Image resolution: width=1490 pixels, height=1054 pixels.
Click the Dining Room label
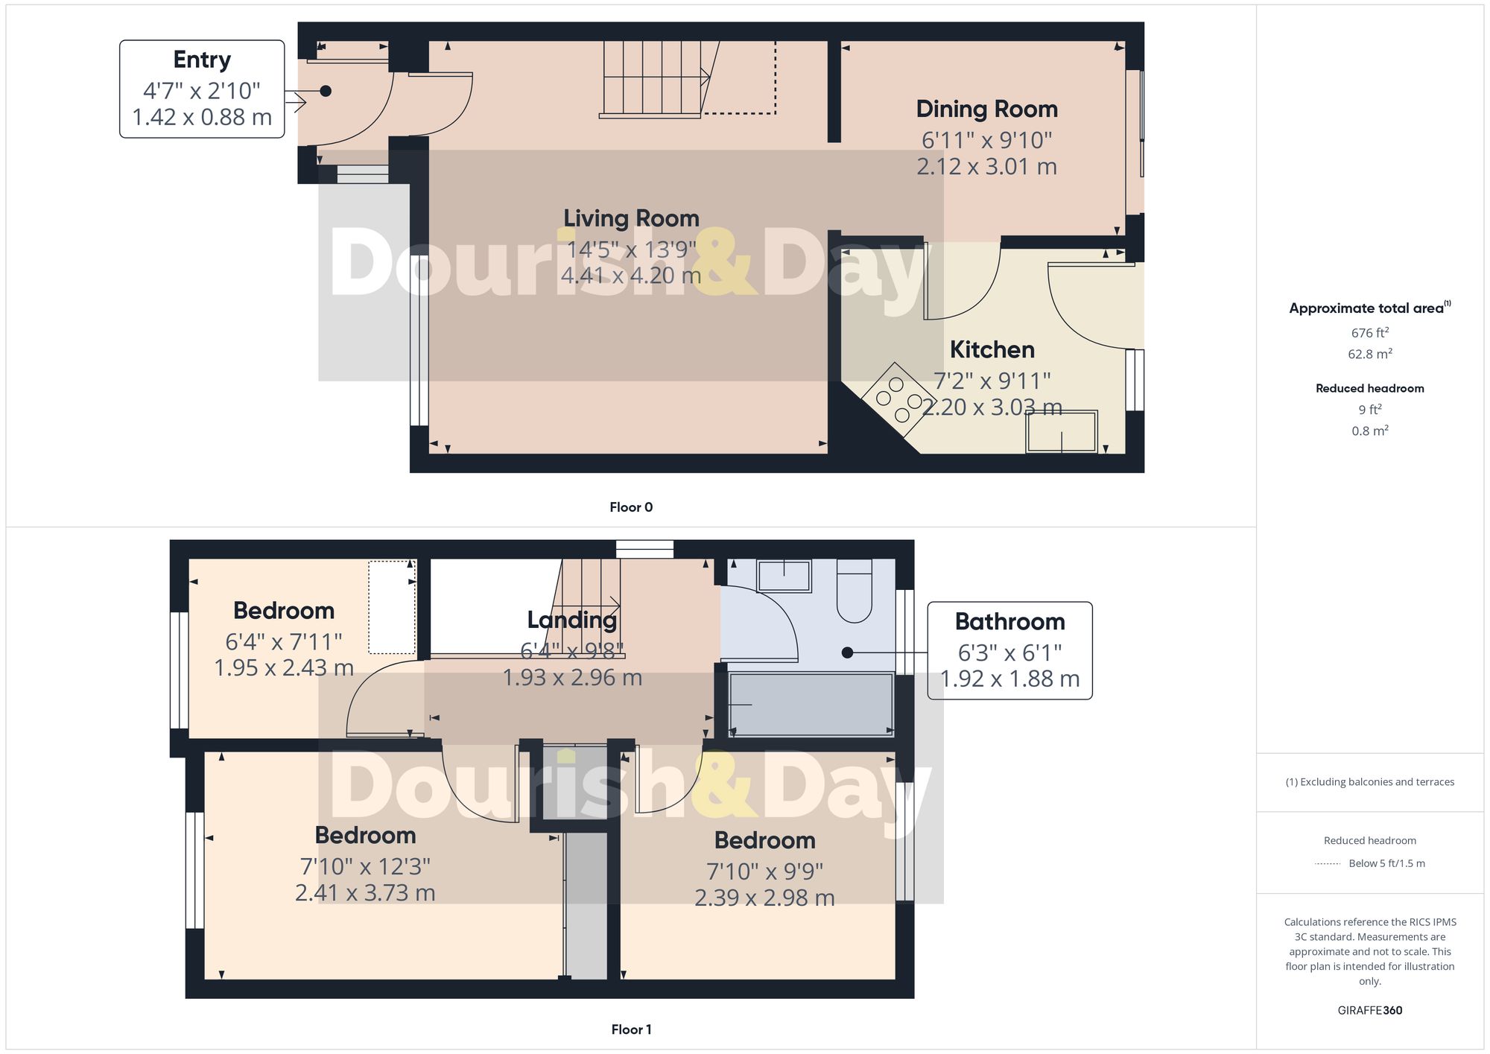pyautogui.click(x=986, y=109)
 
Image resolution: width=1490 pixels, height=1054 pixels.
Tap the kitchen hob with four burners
pyautogui.click(x=899, y=399)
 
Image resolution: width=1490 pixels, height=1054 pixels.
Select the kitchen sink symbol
pyautogui.click(x=1061, y=432)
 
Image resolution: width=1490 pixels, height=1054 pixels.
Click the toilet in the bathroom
pyautogui.click(x=855, y=592)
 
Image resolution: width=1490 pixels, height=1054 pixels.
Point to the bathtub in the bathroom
pyautogui.click(x=811, y=704)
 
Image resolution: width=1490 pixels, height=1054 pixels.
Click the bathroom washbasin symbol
pyautogui.click(x=784, y=576)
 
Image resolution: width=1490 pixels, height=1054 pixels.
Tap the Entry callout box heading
pyautogui.click(x=202, y=60)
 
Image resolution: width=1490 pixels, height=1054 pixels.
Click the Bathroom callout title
pyautogui.click(x=1009, y=621)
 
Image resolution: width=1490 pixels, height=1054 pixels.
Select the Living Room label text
pyautogui.click(x=631, y=218)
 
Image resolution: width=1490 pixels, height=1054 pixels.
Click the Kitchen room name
pyautogui.click(x=992, y=349)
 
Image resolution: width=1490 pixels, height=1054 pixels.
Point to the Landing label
pyautogui.click(x=571, y=620)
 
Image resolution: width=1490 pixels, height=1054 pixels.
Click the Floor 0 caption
pyautogui.click(x=631, y=507)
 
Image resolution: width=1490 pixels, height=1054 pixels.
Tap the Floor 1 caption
pyautogui.click(x=631, y=1029)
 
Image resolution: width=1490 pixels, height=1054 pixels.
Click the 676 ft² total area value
pyautogui.click(x=1369, y=333)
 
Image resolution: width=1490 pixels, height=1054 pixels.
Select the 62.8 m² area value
pyautogui.click(x=1369, y=354)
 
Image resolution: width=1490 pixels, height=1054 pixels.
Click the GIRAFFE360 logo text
pyautogui.click(x=1369, y=1011)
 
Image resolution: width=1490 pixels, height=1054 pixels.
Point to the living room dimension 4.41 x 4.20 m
pyautogui.click(x=631, y=276)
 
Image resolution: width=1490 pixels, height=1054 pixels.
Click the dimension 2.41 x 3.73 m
pyautogui.click(x=365, y=892)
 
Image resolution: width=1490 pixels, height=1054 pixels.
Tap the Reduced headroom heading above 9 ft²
pyautogui.click(x=1369, y=388)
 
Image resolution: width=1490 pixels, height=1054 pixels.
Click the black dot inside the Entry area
pyautogui.click(x=326, y=91)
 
